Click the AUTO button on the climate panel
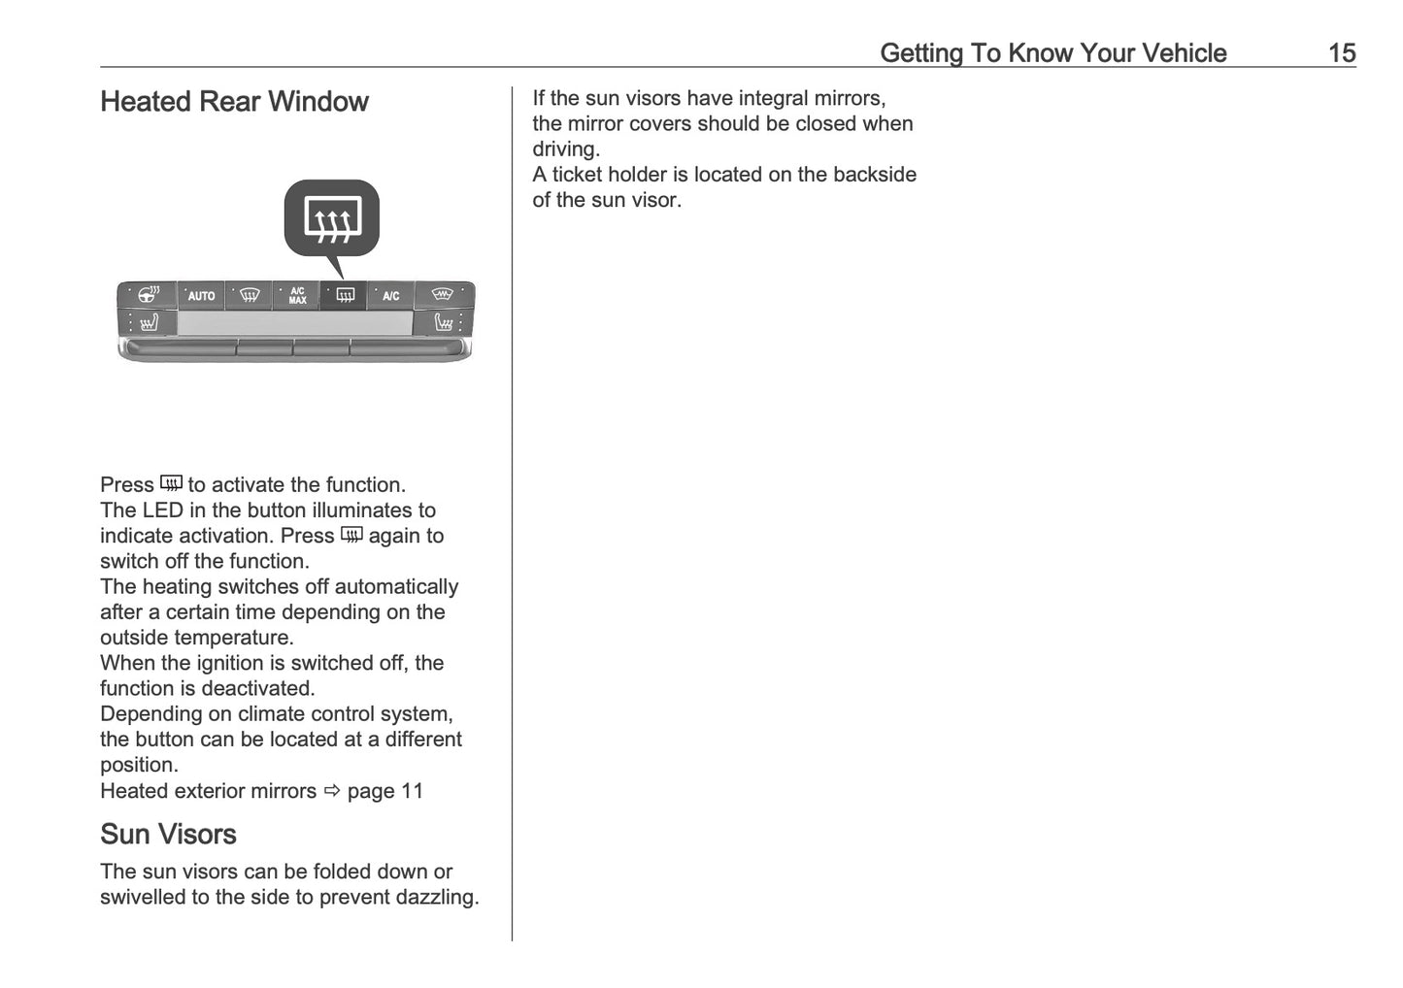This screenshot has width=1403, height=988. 201,296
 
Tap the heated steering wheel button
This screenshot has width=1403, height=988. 149,294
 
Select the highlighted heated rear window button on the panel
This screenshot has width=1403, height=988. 345,296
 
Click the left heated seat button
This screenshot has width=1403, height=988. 149,323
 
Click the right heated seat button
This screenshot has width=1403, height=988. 444,322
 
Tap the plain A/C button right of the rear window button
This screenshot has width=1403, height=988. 390,296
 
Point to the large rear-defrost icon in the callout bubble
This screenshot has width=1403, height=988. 332,218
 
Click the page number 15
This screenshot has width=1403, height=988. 1341,53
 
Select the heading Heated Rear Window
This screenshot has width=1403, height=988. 234,102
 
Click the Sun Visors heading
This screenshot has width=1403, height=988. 168,835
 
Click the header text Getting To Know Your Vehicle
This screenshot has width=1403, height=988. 1052,53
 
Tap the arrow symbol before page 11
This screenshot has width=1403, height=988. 331,791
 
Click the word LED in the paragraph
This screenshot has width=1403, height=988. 162,510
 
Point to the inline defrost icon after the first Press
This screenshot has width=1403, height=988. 171,483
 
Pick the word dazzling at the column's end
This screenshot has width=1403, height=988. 438,898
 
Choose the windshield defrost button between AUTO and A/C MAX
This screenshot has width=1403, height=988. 250,296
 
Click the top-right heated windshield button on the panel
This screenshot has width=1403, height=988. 443,294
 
